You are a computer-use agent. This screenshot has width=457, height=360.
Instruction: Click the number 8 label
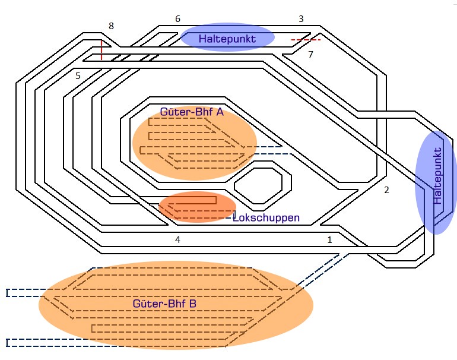point(110,26)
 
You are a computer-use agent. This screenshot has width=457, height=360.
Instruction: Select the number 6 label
point(177,19)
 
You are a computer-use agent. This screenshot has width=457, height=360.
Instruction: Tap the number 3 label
point(301,19)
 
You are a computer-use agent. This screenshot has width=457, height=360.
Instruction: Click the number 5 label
point(78,75)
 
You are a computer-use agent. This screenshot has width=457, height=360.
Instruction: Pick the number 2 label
point(386,190)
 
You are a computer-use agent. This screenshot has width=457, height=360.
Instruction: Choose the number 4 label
point(177,239)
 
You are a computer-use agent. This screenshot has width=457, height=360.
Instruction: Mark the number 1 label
point(329,239)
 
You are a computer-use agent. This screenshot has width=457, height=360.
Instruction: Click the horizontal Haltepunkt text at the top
point(227,39)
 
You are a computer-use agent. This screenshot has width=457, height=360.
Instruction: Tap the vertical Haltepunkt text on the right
point(438,175)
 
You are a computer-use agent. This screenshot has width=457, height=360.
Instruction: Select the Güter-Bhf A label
point(191,112)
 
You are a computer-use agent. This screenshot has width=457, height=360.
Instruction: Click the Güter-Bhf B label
point(164,304)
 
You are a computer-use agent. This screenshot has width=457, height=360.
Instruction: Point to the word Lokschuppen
point(266,218)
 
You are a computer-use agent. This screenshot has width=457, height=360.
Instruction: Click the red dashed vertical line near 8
point(101,50)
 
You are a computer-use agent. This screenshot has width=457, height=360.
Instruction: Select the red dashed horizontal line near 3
point(306,40)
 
